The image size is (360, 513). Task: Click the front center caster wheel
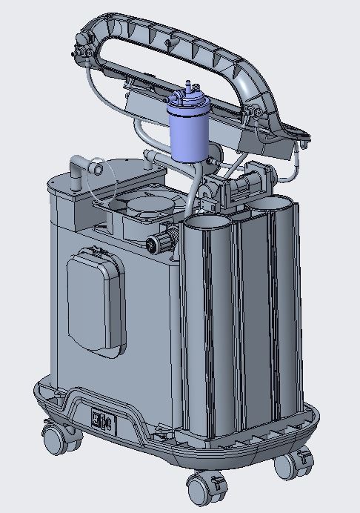coord(199,489)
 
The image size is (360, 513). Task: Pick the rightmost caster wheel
coord(285,466)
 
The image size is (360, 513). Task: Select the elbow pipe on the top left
coord(75,171)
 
